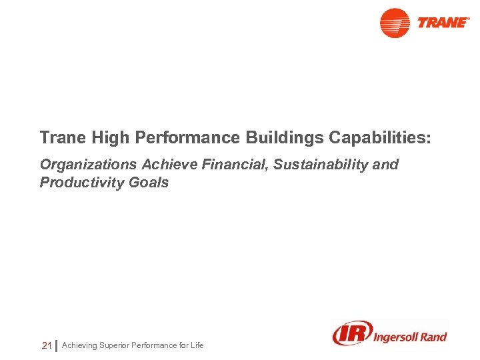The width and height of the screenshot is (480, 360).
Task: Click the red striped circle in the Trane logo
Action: [395, 23]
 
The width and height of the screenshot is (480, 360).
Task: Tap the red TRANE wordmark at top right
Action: [443, 23]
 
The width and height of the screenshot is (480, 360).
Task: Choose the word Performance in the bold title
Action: [189, 138]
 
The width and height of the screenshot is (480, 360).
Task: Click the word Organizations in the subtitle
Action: [88, 165]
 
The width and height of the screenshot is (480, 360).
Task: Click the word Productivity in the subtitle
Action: [81, 183]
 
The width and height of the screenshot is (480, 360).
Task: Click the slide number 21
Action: [47, 345]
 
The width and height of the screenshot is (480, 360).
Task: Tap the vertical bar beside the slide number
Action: [56, 345]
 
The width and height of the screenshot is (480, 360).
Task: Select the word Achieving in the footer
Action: [79, 345]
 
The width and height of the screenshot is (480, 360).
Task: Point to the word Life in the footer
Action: [197, 345]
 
